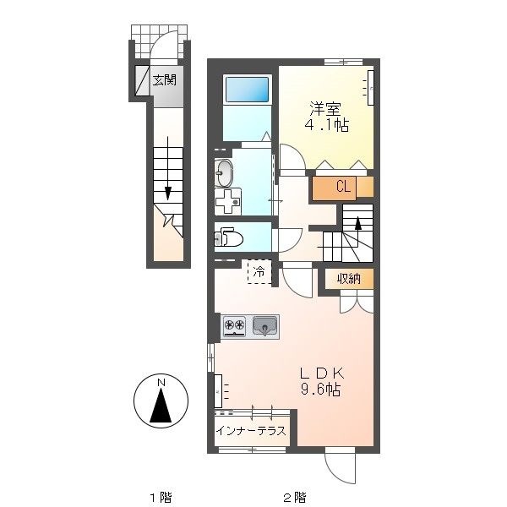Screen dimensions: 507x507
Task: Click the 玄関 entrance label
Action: coord(165,80)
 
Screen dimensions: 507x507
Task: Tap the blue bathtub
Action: coord(247,90)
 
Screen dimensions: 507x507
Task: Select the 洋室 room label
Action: coord(325,109)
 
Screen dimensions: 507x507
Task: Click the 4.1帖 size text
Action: coord(326,125)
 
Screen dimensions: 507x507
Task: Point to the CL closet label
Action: coord(343,187)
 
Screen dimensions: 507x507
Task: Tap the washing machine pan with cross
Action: coord(227,202)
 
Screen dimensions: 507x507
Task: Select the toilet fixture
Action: coord(229,237)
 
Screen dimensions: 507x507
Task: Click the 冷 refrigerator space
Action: coord(259,272)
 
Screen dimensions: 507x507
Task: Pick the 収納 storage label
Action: coord(349,278)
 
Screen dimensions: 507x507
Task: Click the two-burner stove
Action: coord(235,325)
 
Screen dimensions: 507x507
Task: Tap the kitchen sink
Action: coord(265,325)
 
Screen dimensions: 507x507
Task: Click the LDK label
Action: coord(322,373)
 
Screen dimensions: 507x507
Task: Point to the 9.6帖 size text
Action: coord(321,390)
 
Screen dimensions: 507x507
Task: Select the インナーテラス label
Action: coord(251,431)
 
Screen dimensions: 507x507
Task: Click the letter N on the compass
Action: coord(161,383)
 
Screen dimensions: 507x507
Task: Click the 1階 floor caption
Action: coord(161,497)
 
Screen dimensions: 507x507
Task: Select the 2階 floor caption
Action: coord(295,497)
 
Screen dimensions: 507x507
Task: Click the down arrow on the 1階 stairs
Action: coord(168,169)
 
